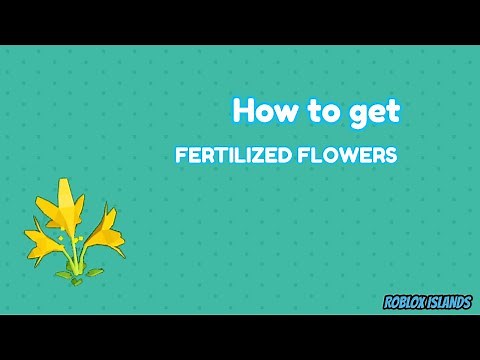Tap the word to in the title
click(328, 110)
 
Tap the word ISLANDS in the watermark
click(450, 300)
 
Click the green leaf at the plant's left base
click(61, 273)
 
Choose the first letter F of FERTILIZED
click(180, 157)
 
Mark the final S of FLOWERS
click(391, 157)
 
